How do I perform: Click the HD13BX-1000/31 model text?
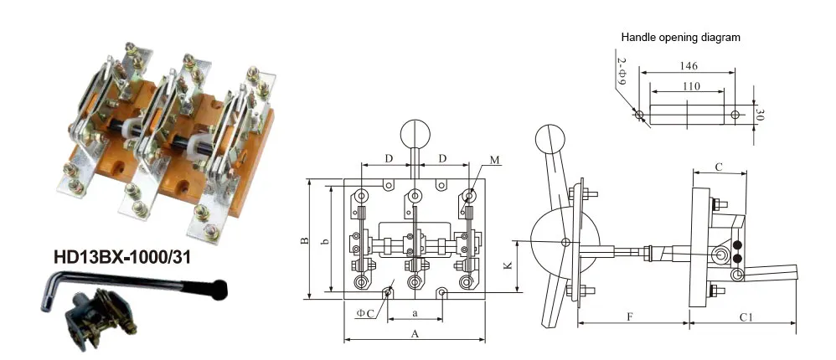pyautogui.click(x=121, y=257)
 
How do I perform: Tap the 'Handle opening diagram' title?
pyautogui.click(x=680, y=38)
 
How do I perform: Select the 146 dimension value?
pyautogui.click(x=688, y=66)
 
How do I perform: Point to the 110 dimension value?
pyautogui.click(x=692, y=85)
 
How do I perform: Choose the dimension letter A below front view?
pyautogui.click(x=415, y=334)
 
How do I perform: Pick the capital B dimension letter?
pyautogui.click(x=304, y=241)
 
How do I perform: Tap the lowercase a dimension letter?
pyautogui.click(x=415, y=314)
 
